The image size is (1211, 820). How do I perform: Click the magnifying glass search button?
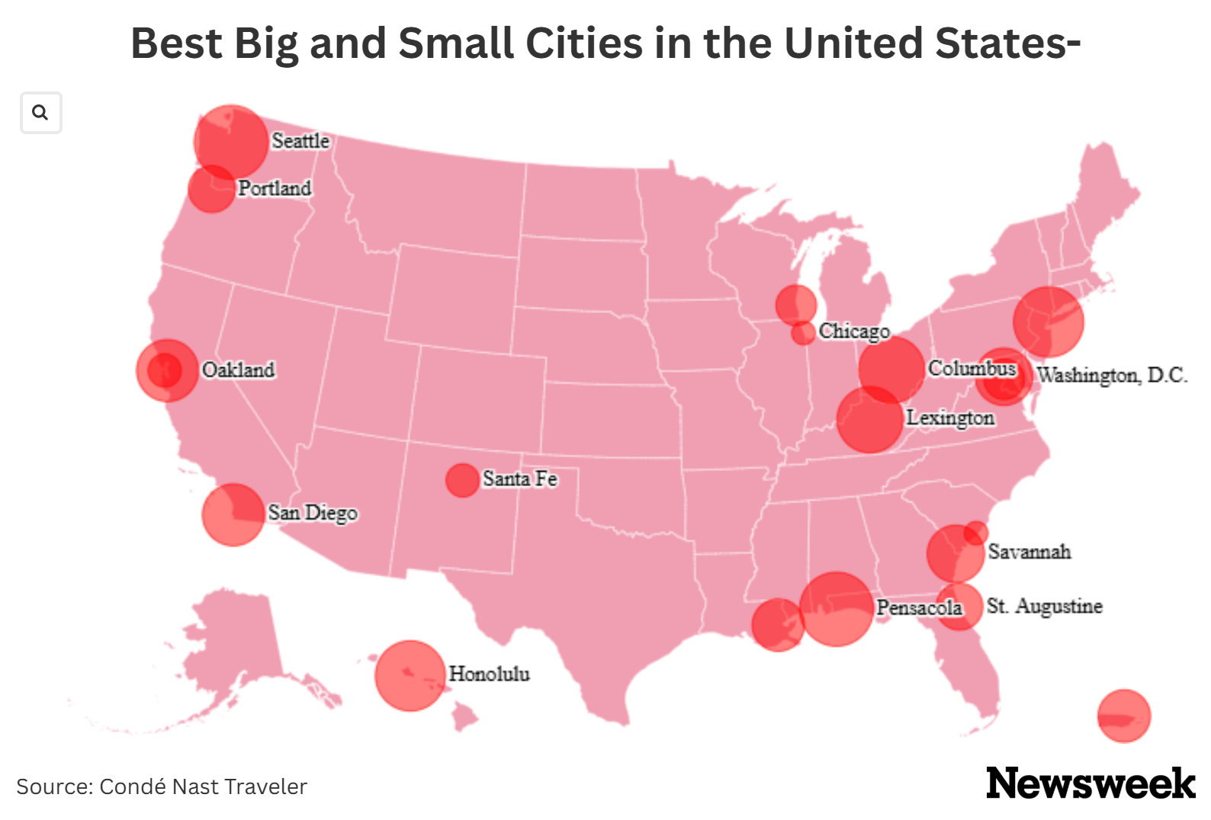40,113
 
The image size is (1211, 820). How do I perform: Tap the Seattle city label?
300,141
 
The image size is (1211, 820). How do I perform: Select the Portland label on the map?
275,188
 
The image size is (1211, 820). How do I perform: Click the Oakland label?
238,370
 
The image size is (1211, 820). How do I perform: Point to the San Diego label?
313,513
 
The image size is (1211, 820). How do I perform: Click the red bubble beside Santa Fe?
461,480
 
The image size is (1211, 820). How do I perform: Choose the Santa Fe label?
520,479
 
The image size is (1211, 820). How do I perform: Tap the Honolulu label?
489,674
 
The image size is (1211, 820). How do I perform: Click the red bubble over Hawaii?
410,675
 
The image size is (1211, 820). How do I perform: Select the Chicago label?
854,332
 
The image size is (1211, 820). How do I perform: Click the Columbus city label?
972,369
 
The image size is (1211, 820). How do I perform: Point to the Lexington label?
950,418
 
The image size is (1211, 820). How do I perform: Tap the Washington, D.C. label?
1112,375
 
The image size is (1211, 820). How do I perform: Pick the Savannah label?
1030,552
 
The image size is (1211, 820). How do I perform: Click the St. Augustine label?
1045,607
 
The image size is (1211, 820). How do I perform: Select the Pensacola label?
919,608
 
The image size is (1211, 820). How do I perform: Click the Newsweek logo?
1091,783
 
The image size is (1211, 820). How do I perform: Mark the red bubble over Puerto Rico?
1123,716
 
